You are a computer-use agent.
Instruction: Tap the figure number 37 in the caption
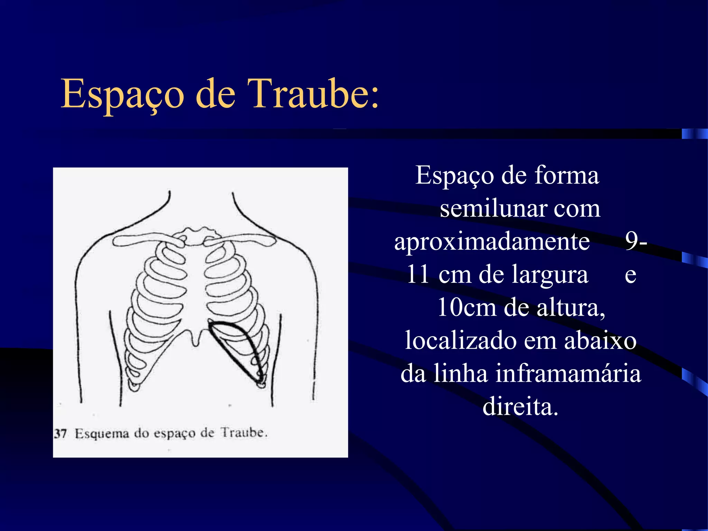(60, 434)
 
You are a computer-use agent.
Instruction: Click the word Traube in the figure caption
(244, 432)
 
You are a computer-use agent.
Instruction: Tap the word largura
(550, 274)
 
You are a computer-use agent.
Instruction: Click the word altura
(570, 307)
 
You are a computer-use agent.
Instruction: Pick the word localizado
(461, 341)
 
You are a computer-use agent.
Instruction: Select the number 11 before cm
(418, 274)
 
